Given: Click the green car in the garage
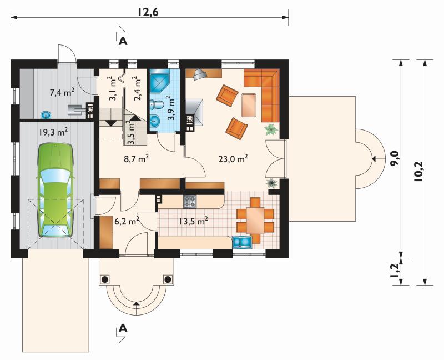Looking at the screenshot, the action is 56,190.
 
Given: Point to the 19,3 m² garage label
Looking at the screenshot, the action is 53,132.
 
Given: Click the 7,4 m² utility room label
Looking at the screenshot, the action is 62,92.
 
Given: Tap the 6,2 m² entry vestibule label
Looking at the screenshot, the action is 127,221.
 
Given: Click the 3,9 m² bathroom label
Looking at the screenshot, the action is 170,108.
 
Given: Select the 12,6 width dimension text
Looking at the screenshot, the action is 148,12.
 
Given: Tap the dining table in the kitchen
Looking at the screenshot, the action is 255,220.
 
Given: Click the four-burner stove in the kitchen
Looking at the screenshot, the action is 190,202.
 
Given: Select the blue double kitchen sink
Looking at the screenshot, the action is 241,242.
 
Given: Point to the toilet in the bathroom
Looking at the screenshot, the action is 157,104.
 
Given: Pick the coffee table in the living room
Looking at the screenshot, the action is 249,105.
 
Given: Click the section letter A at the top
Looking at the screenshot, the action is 123,41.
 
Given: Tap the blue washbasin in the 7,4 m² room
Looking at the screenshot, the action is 46,115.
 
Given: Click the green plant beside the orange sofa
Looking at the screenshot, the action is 271,129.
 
